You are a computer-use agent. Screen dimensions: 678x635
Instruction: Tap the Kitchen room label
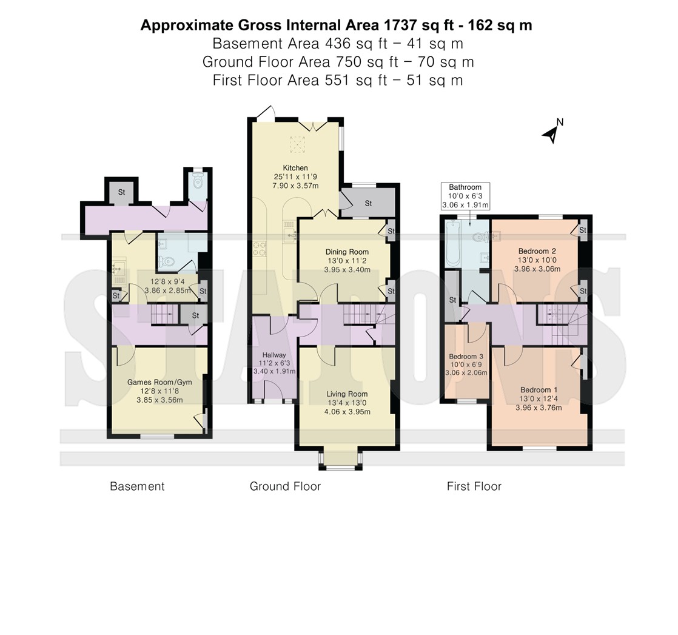click(295, 168)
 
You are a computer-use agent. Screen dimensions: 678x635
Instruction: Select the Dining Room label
click(347, 252)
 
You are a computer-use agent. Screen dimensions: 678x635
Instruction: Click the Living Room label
click(347, 394)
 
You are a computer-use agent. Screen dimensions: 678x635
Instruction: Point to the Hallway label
click(274, 355)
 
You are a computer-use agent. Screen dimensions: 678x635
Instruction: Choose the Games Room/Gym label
click(159, 382)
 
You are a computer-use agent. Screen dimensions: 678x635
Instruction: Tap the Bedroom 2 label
click(537, 251)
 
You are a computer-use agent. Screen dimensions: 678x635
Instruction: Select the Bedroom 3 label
click(466, 357)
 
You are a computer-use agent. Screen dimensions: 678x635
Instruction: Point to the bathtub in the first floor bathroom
click(453, 243)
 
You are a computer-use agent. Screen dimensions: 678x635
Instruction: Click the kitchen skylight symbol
click(297, 144)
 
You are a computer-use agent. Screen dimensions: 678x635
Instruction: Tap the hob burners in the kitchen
click(260, 249)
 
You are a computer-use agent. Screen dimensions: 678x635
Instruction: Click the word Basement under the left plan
click(137, 486)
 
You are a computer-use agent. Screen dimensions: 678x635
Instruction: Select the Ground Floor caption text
click(286, 486)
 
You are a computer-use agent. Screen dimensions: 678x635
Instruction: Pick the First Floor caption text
click(474, 486)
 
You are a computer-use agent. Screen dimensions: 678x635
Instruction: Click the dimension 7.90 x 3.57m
click(295, 186)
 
